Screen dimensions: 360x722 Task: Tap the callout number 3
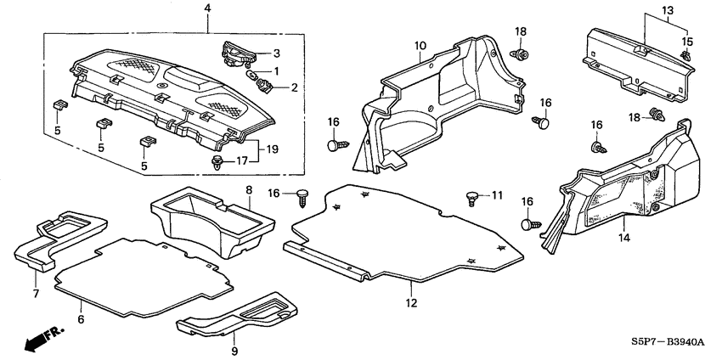pos(275,53)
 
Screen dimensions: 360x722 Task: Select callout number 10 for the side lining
pos(420,45)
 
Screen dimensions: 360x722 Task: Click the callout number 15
pos(689,42)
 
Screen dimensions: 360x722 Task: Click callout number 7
pos(35,294)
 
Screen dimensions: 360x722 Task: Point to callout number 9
pos(235,350)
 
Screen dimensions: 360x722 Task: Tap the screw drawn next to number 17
pos(217,160)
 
